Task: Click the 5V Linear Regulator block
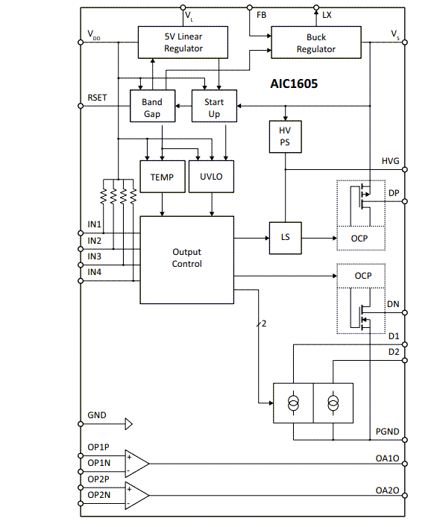coord(183,42)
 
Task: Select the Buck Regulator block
coord(315,43)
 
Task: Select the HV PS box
coord(284,136)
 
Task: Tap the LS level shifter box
coord(284,238)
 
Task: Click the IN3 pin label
coord(94,256)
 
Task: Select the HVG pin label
coord(390,161)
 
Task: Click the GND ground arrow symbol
coord(128,424)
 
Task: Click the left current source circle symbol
coord(294,403)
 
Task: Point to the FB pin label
coord(262,15)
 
